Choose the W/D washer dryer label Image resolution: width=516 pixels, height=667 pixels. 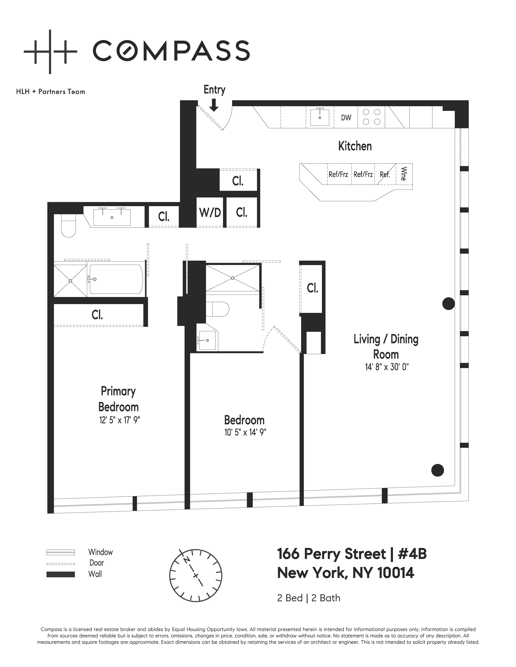(210, 213)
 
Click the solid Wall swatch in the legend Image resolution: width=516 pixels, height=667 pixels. (61, 574)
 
